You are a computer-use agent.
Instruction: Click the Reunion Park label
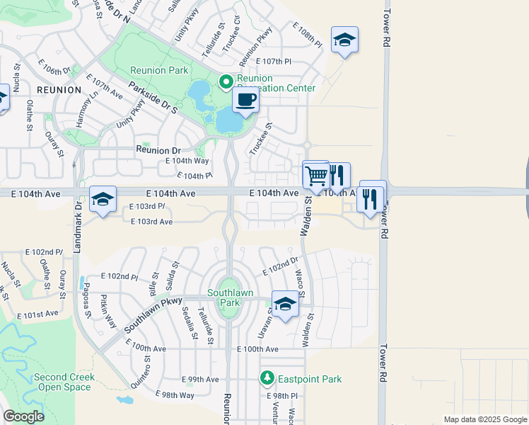[159, 70]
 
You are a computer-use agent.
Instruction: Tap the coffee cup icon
[245, 101]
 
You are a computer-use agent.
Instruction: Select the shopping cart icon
[316, 174]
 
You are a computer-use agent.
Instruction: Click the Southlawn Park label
[226, 297]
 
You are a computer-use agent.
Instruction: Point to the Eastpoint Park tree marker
[267, 379]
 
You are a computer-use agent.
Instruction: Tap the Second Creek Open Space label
[63, 382]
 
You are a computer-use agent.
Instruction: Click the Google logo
[23, 416]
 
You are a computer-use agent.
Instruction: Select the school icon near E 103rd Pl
[103, 200]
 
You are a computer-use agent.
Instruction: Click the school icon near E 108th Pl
[344, 40]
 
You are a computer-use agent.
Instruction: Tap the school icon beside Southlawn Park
[285, 305]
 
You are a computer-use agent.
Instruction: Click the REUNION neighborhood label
[59, 90]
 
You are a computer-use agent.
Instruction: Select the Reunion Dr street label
[158, 150]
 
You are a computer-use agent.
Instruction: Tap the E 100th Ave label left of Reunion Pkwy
[146, 348]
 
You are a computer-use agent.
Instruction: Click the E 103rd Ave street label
[151, 222]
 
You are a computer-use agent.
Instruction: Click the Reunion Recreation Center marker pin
[226, 82]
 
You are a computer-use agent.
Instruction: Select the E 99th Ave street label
[199, 379]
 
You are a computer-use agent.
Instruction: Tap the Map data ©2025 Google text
[485, 419]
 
